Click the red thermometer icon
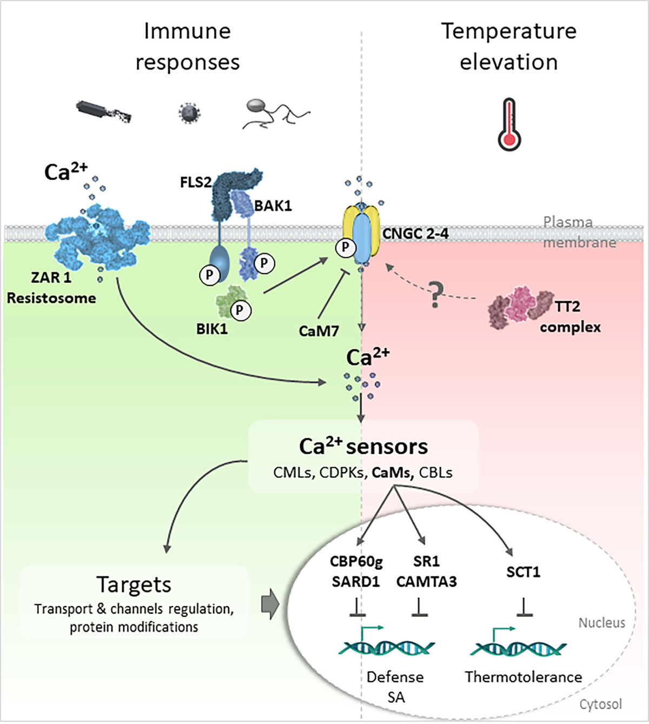pos(509,124)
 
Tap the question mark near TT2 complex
pos(436,295)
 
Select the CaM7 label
pos(319,331)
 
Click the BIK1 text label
pos(212,329)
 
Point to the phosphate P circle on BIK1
pos(240,310)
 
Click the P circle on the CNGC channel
pos(345,248)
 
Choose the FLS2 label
pos(195,182)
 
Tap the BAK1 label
pos(273,206)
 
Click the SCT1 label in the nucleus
pos(523,572)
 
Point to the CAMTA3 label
pos(426,582)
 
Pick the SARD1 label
pos(356,582)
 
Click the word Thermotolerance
pos(523,677)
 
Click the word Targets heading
pos(134,585)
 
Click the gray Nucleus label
pos(601,623)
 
